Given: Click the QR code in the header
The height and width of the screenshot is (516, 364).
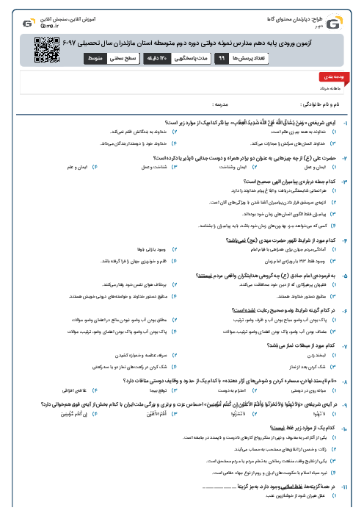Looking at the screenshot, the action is tap(46, 48).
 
